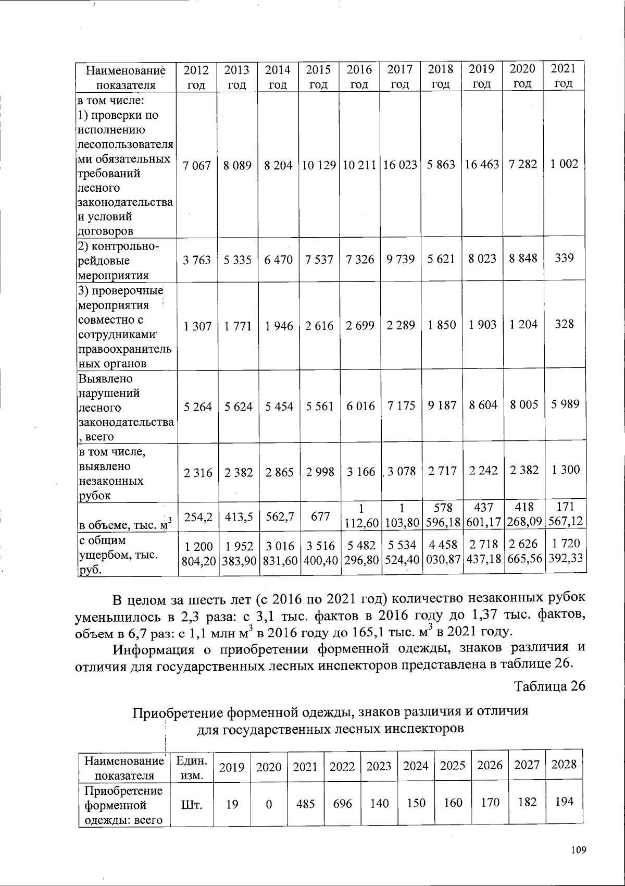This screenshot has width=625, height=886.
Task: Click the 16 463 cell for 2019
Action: tap(482, 165)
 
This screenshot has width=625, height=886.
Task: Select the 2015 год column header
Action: tap(318, 77)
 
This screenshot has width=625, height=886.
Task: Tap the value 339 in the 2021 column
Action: tap(564, 258)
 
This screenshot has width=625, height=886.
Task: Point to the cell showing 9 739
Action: tap(401, 259)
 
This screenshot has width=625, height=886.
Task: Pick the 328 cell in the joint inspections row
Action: tap(564, 324)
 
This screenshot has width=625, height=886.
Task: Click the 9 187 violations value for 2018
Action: tap(441, 406)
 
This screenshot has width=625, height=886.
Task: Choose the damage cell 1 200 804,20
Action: tap(197, 552)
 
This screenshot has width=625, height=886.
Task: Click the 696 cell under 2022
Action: tap(342, 804)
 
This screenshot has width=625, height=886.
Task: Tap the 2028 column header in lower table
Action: tap(564, 765)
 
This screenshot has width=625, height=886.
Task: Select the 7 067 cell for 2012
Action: tap(197, 165)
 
